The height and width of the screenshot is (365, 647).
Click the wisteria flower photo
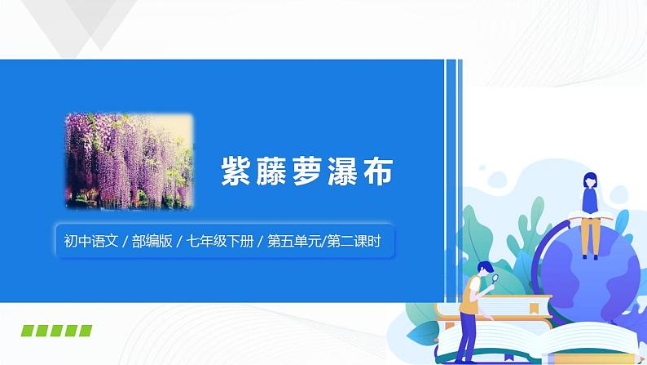click(128, 161)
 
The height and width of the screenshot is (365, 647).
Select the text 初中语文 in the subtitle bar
click(90, 242)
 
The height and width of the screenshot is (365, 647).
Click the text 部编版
click(156, 242)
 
